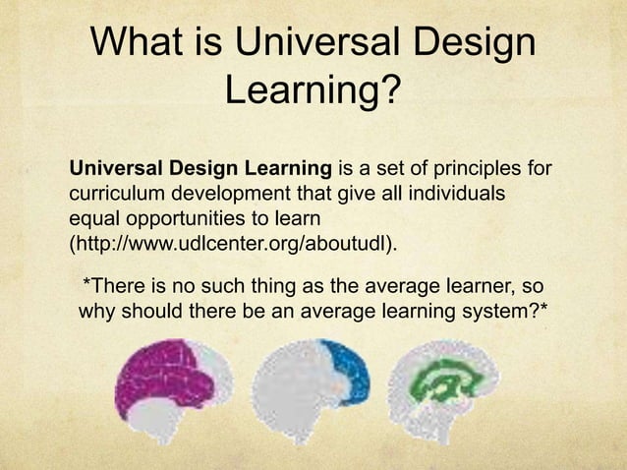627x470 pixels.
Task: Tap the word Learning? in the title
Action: click(313, 94)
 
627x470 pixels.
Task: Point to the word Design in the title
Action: click(473, 45)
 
